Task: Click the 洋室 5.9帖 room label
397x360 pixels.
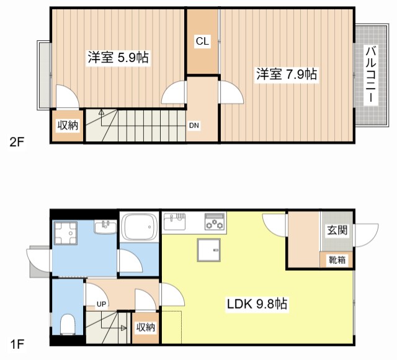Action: point(118,58)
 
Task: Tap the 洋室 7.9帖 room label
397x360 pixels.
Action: point(287,74)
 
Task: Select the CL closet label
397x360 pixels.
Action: point(202,41)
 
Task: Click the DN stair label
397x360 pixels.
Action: point(194,125)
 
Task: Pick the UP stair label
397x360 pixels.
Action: point(101,304)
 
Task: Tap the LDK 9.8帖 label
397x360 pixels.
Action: point(257,304)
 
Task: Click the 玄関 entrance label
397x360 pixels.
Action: point(337,230)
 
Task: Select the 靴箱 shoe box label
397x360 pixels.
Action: point(337,260)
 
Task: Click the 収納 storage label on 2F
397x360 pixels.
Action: point(68,125)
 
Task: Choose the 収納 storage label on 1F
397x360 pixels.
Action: point(146,327)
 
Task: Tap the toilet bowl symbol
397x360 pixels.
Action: point(68,324)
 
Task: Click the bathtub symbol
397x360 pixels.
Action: point(139,227)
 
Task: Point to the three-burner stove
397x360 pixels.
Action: point(215,222)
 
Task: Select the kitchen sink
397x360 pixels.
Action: point(175,221)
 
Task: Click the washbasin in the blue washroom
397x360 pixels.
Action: point(105,227)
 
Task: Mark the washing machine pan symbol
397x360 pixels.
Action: point(66,233)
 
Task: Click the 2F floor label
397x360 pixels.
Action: point(17,143)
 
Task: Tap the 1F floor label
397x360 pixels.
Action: point(17,344)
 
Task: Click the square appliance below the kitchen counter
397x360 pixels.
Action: point(209,250)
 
